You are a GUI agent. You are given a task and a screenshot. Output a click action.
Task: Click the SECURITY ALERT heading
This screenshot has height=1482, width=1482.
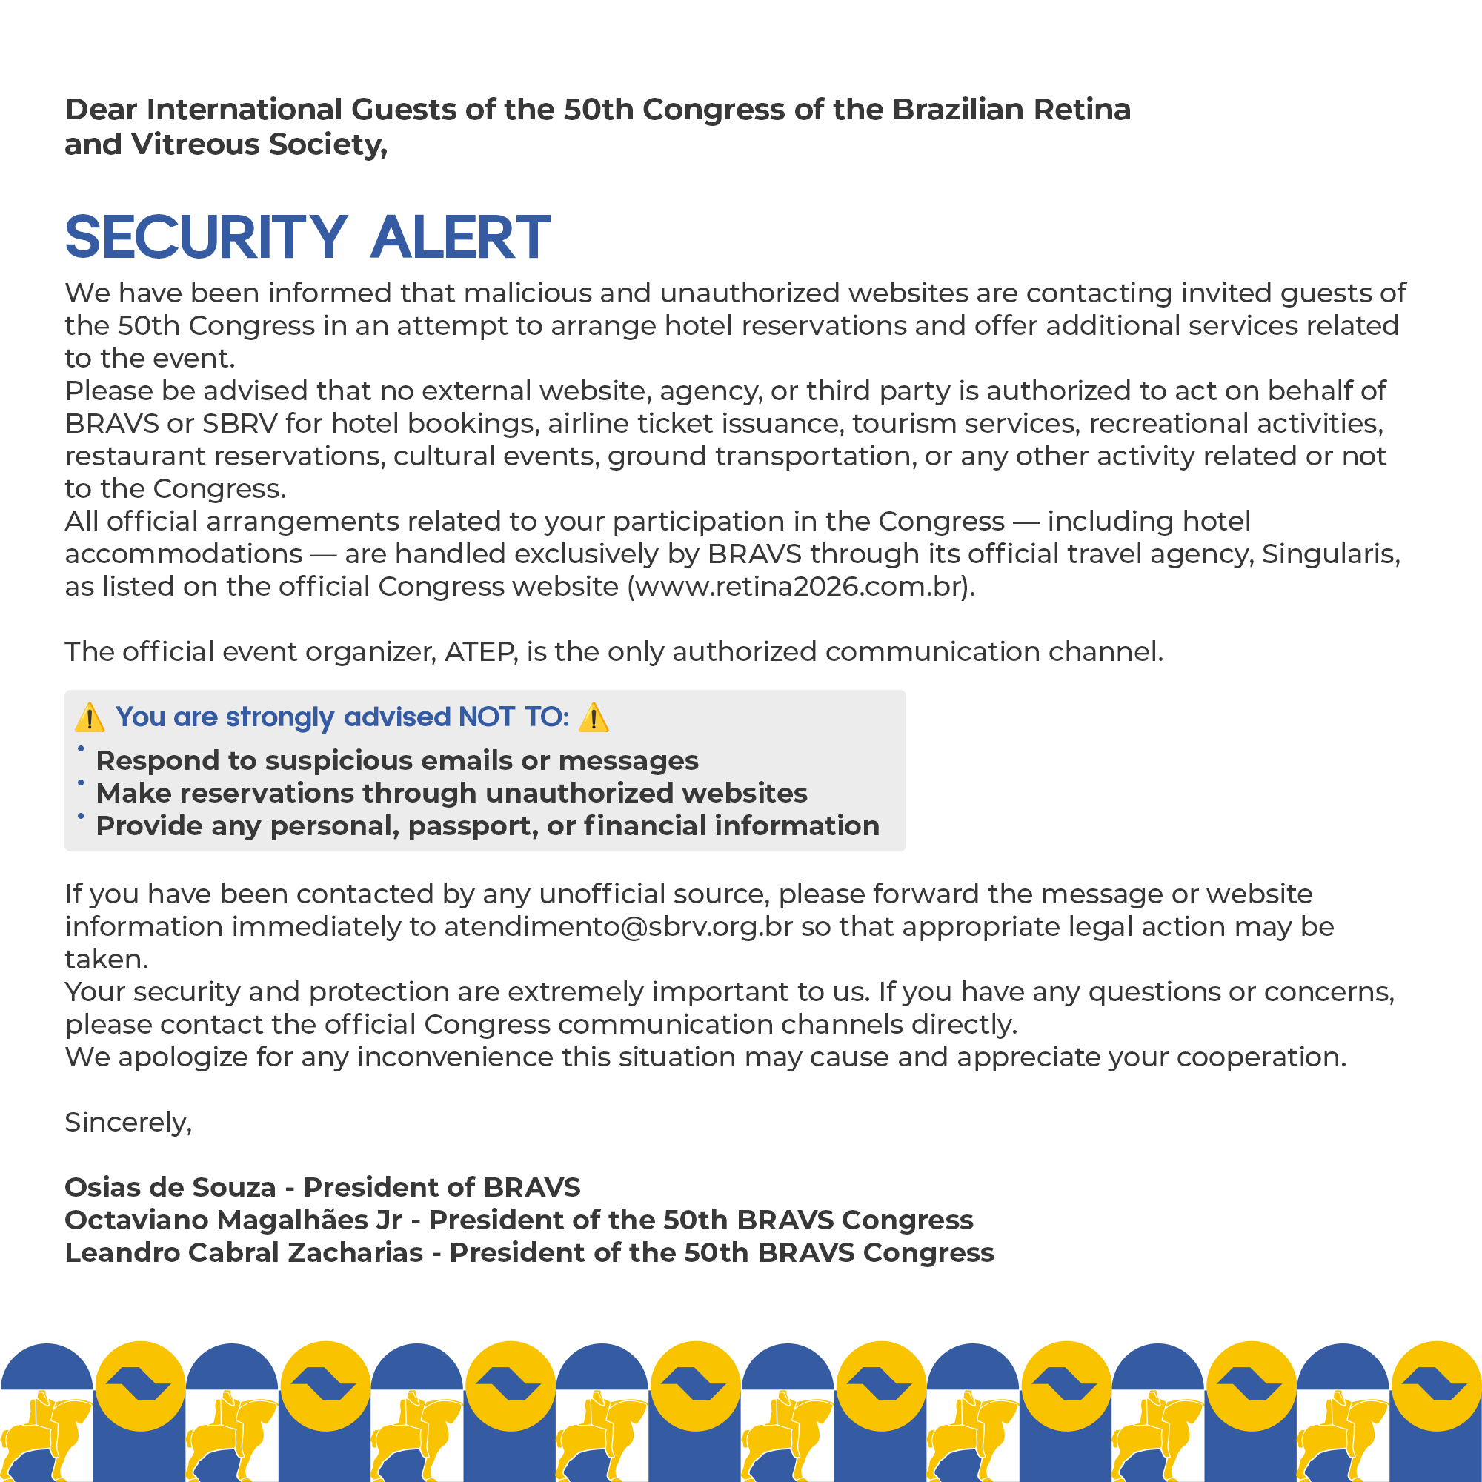[307, 237]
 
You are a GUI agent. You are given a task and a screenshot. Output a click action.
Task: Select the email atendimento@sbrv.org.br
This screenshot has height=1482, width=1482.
[617, 927]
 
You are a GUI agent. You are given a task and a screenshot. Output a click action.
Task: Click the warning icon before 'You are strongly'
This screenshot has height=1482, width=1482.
[90, 718]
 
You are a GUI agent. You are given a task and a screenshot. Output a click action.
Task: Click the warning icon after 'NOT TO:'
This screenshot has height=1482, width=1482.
[594, 718]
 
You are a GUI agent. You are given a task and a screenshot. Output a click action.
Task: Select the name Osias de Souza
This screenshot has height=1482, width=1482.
[170, 1187]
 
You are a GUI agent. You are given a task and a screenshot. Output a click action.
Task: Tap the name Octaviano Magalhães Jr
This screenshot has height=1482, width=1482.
[233, 1220]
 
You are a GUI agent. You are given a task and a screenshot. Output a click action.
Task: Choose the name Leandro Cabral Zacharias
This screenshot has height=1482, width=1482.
[243, 1252]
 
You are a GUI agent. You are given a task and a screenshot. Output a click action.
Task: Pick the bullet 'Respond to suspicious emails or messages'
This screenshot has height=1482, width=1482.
[396, 761]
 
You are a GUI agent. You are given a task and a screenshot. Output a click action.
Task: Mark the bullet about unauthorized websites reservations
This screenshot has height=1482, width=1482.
[451, 793]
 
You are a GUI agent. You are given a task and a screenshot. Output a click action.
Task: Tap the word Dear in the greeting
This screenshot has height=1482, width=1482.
[100, 110]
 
